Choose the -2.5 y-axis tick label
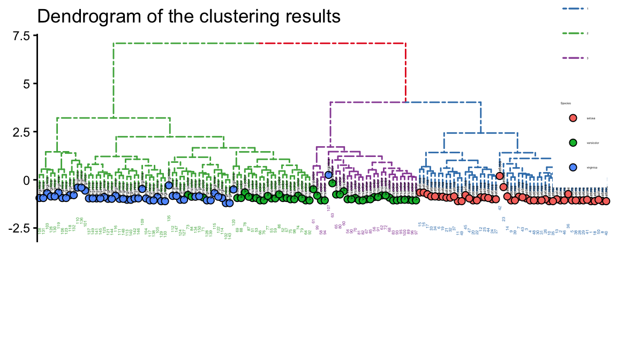click(21, 228)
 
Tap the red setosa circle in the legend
click(573, 118)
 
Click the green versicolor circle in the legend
click(573, 143)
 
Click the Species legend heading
click(566, 103)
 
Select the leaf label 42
click(500, 207)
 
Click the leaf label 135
click(169, 218)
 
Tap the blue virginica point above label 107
click(328, 175)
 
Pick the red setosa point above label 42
click(500, 176)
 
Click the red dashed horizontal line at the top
click(332, 43)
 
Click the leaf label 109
click(142, 221)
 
